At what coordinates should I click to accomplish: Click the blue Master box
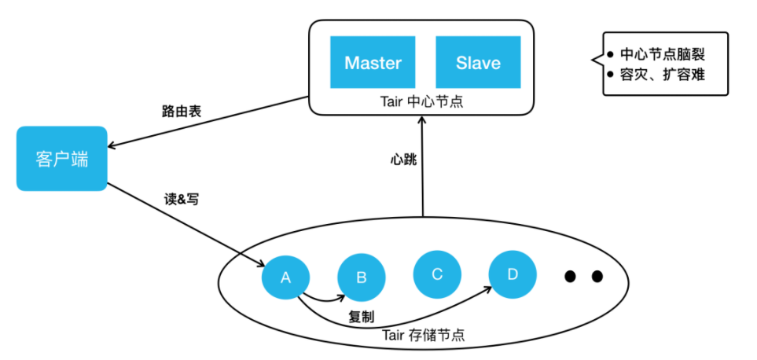coord(373,62)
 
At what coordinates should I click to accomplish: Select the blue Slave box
coord(478,62)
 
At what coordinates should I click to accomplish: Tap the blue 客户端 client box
coord(61,159)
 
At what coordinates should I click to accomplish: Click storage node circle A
coord(285,277)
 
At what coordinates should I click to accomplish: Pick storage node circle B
coord(362,277)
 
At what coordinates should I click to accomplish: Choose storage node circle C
coord(438,274)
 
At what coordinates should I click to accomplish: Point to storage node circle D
coord(513,274)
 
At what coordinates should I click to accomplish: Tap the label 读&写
coord(181,200)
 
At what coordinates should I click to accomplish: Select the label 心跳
coord(403,160)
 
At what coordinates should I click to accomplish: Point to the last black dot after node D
coord(597,276)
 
